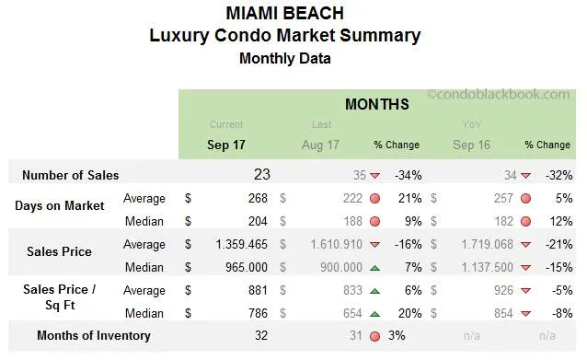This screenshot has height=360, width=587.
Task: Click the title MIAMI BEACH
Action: click(x=284, y=14)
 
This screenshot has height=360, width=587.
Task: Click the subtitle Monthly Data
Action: click(x=284, y=58)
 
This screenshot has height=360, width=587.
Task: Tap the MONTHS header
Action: click(x=376, y=104)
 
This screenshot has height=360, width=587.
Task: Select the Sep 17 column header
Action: click(x=226, y=145)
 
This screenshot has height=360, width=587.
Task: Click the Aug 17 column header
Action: click(x=320, y=145)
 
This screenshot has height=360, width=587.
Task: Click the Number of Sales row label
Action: click(x=70, y=175)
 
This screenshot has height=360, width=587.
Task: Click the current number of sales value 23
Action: click(x=262, y=174)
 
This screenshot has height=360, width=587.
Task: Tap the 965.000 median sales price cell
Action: click(x=242, y=267)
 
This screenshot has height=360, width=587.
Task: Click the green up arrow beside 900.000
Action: click(x=374, y=268)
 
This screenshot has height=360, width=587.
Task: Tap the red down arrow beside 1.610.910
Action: click(x=374, y=245)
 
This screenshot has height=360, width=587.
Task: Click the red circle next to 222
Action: click(x=374, y=199)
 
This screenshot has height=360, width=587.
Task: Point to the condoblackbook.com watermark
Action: click(x=498, y=94)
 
